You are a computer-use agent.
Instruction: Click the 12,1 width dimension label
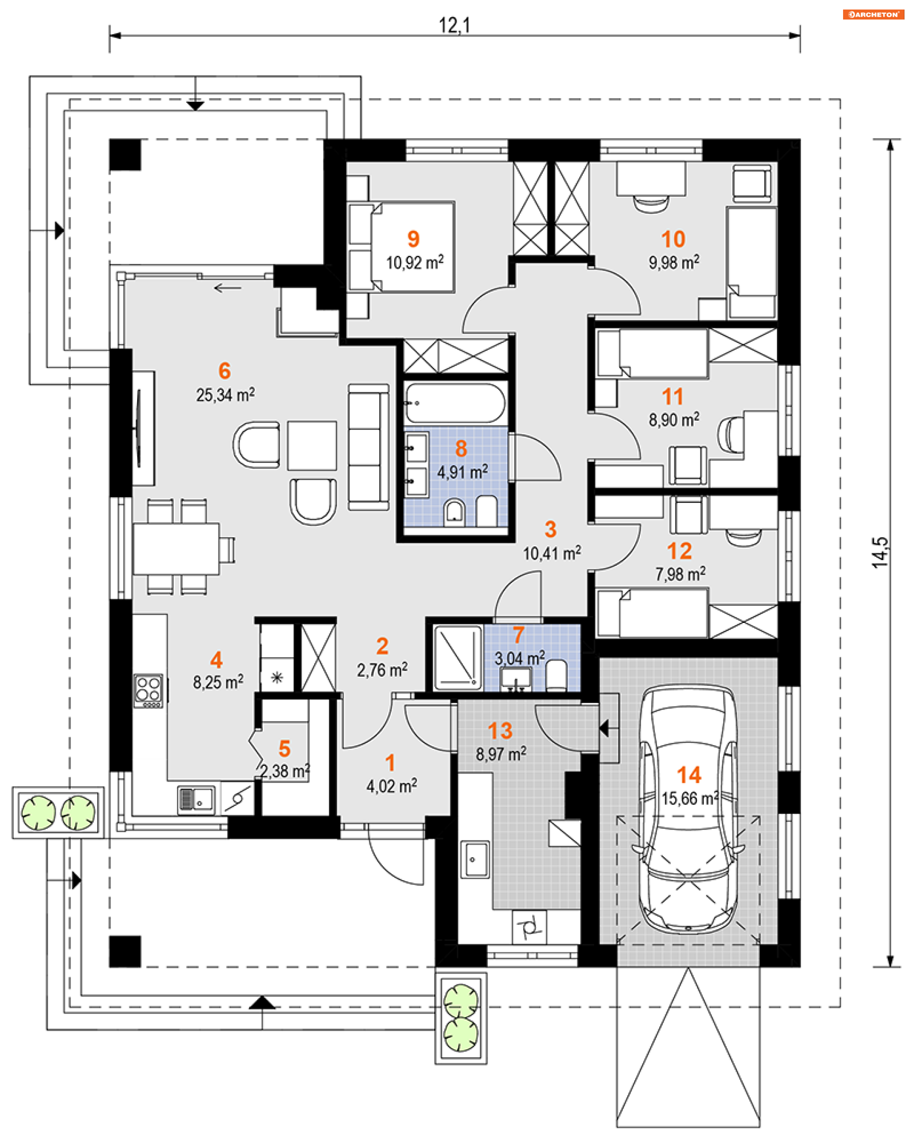click(454, 25)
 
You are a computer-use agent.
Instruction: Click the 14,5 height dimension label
click(880, 552)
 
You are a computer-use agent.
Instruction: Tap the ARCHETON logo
click(873, 14)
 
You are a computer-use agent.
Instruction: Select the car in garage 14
click(688, 809)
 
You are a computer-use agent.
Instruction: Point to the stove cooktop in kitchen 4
click(148, 690)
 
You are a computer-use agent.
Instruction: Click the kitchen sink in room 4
click(196, 800)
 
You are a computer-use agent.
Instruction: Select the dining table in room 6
click(176, 549)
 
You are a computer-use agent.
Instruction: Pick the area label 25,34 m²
click(225, 394)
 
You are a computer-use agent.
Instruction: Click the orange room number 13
click(500, 731)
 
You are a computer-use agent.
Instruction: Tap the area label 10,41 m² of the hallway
click(552, 553)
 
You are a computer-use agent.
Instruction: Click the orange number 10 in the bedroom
click(673, 240)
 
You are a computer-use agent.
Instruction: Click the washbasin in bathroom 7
click(516, 679)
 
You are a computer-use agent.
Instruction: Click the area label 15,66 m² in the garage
click(690, 798)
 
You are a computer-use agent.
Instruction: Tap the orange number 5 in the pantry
click(285, 749)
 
